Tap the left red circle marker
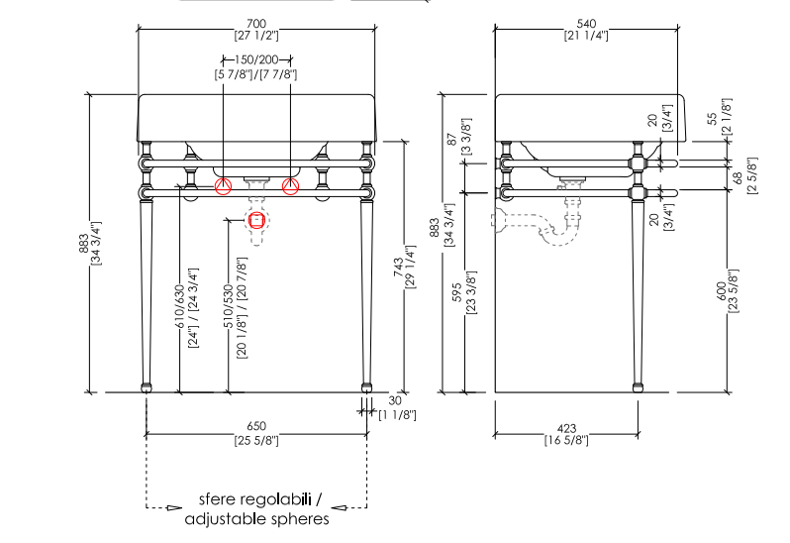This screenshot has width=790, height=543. (x=224, y=185)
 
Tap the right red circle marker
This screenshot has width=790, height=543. (x=290, y=185)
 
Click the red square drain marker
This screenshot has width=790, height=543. (x=257, y=220)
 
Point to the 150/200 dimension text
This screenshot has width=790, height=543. (x=256, y=60)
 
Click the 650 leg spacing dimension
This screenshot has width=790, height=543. (x=255, y=426)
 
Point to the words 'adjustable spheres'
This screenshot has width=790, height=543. (x=257, y=518)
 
